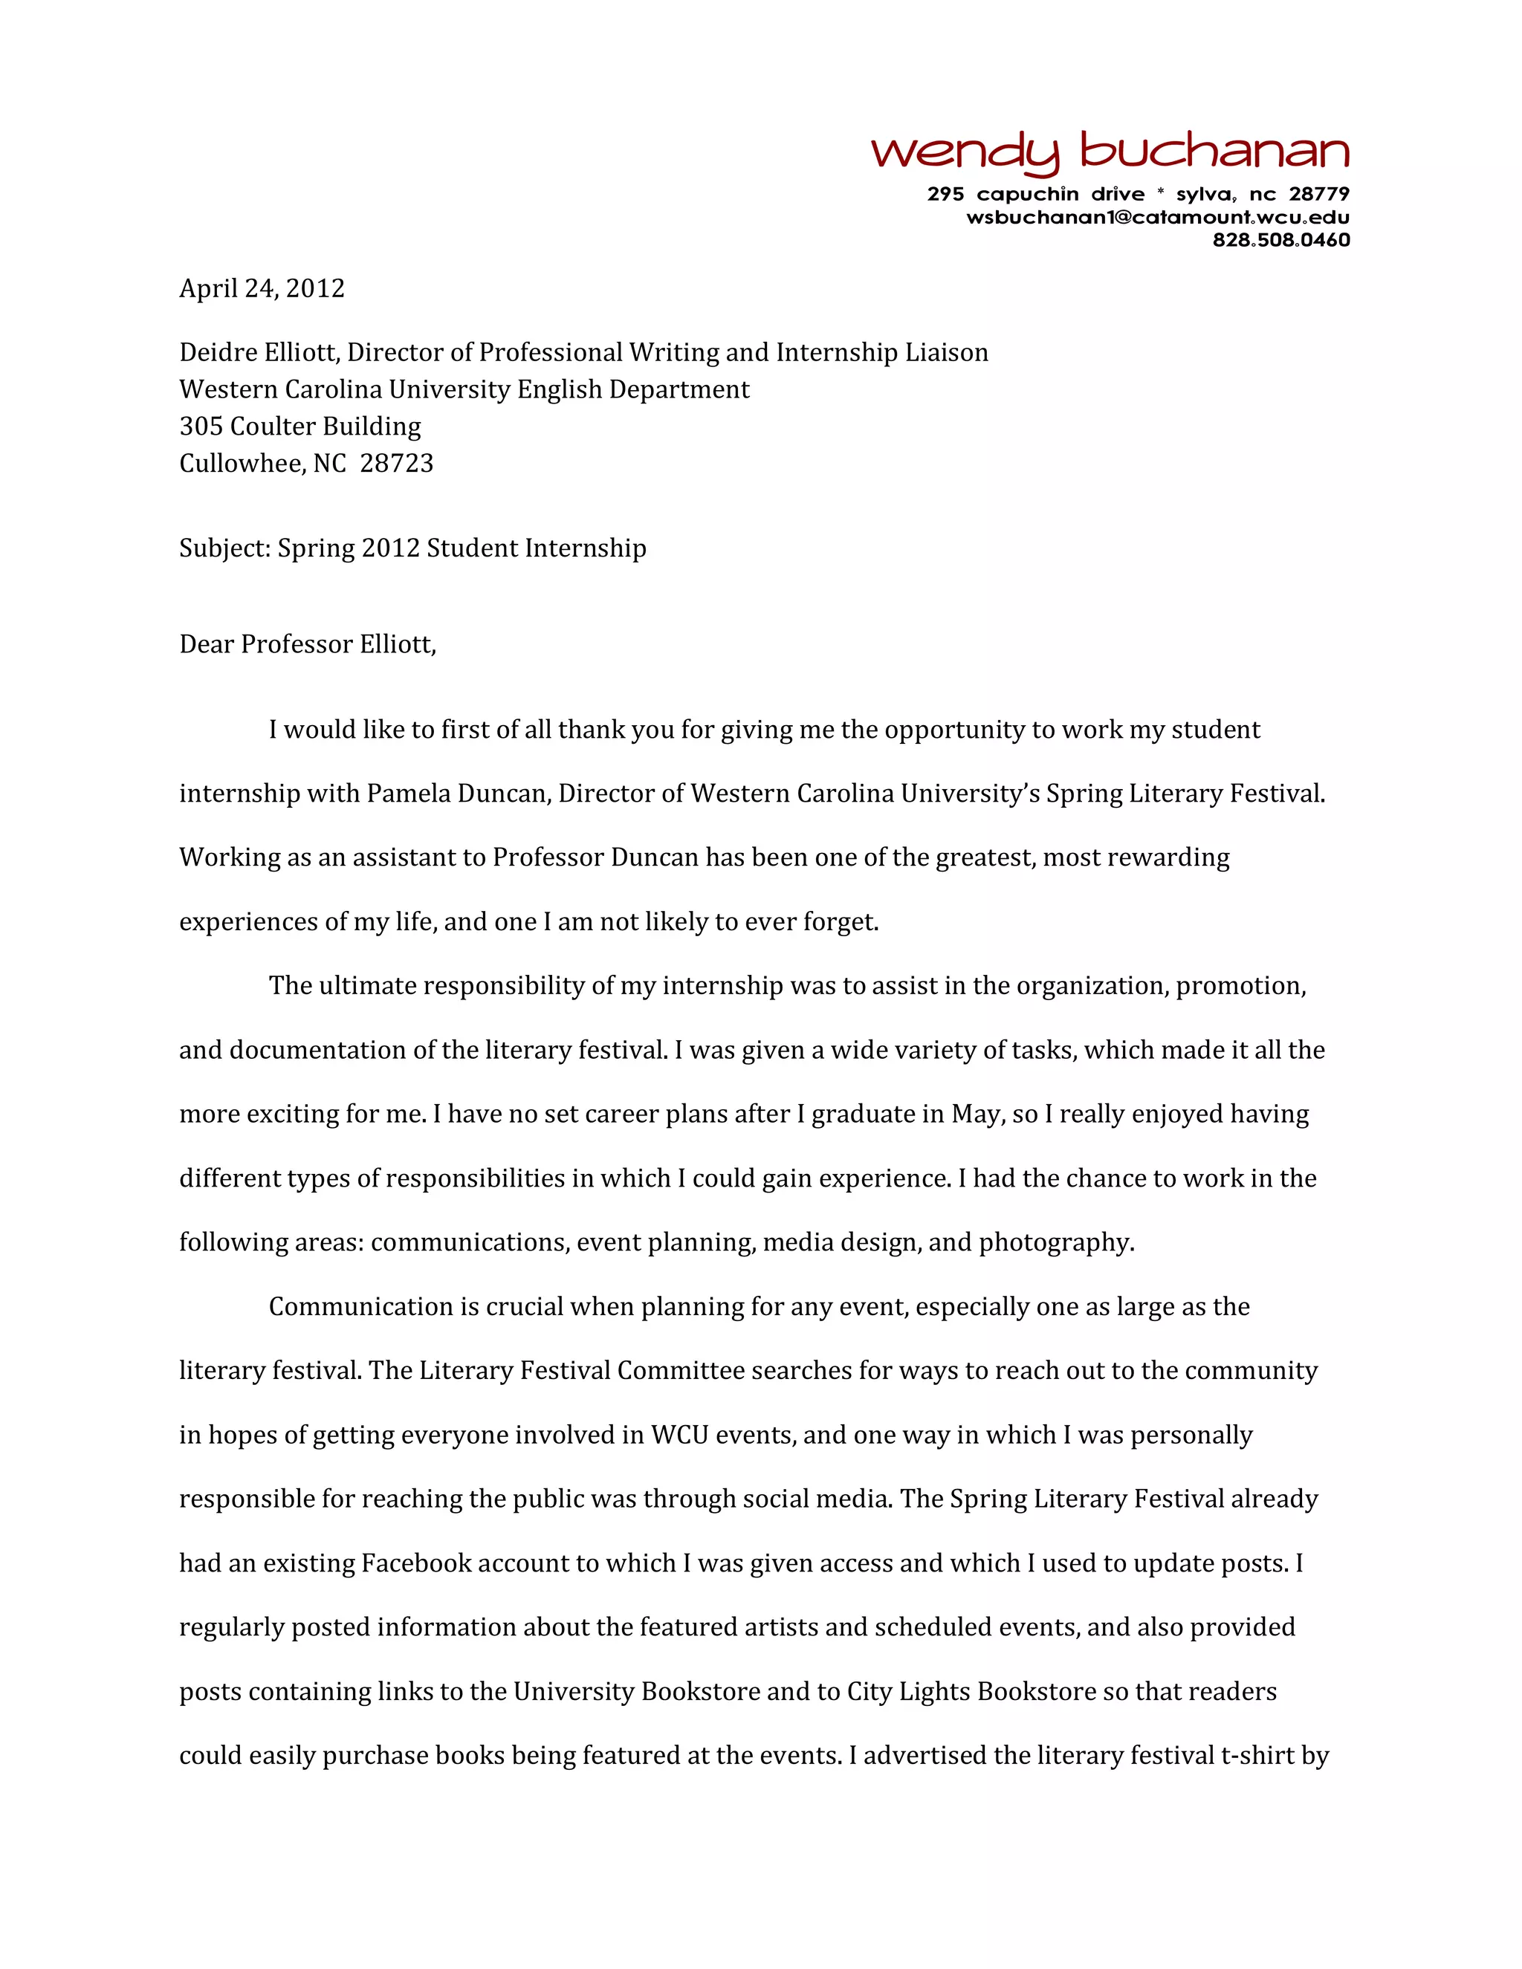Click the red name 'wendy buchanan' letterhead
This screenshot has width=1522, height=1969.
(1109, 153)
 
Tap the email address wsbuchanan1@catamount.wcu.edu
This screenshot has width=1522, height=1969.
(1158, 217)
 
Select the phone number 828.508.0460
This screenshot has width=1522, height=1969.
(1280, 240)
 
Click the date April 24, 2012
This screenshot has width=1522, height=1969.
(262, 288)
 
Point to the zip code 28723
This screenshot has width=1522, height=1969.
(397, 464)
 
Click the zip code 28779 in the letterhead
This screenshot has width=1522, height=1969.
(1318, 194)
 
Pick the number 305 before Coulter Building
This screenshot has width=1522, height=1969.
(201, 426)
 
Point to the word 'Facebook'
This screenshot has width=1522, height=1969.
(415, 1563)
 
